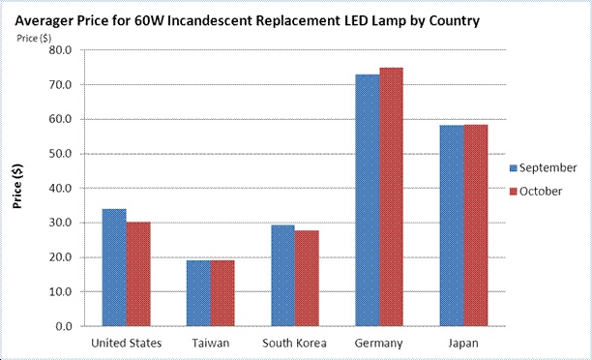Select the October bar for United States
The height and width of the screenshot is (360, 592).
tap(137, 274)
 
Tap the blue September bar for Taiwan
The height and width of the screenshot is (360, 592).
tap(198, 293)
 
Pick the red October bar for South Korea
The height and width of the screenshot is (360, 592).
tap(307, 278)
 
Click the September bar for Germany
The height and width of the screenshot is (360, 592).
tap(368, 199)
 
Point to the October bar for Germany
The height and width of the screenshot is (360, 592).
tap(391, 196)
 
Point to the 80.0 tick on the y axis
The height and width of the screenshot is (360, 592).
tap(60, 50)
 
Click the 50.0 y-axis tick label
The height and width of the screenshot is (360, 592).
tap(60, 154)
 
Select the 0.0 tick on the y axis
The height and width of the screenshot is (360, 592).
tap(64, 326)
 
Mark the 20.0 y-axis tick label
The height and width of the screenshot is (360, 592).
tap(60, 257)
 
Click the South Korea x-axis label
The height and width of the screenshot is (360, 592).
tap(294, 343)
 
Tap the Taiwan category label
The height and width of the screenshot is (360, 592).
tap(210, 343)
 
